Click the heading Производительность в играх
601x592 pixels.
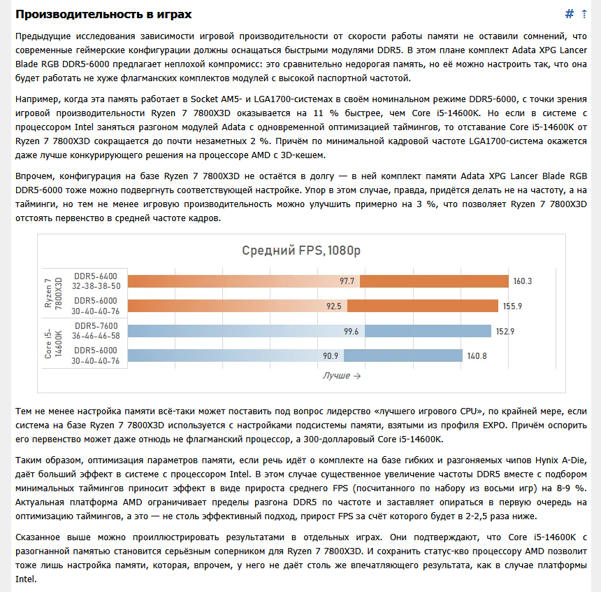click(x=103, y=15)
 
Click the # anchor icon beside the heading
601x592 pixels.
click(x=570, y=15)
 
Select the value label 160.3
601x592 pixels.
click(x=523, y=281)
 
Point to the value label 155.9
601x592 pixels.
click(x=512, y=306)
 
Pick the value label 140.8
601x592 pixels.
click(x=477, y=355)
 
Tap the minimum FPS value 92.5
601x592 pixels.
click(x=333, y=306)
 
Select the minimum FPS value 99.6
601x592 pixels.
click(x=351, y=331)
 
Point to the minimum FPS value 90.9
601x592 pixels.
click(x=331, y=355)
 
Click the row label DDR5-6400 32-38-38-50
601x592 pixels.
click(x=96, y=281)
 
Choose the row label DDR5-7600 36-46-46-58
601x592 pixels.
click(x=96, y=330)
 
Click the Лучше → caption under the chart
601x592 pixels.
click(x=342, y=376)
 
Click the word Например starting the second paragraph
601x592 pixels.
click(x=39, y=98)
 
